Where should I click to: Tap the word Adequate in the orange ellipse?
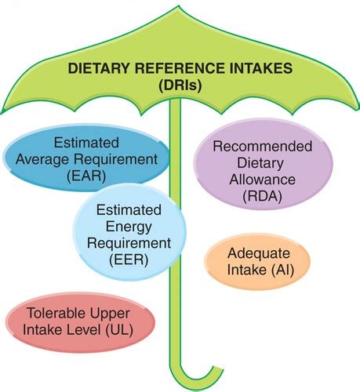click(x=258, y=254)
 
